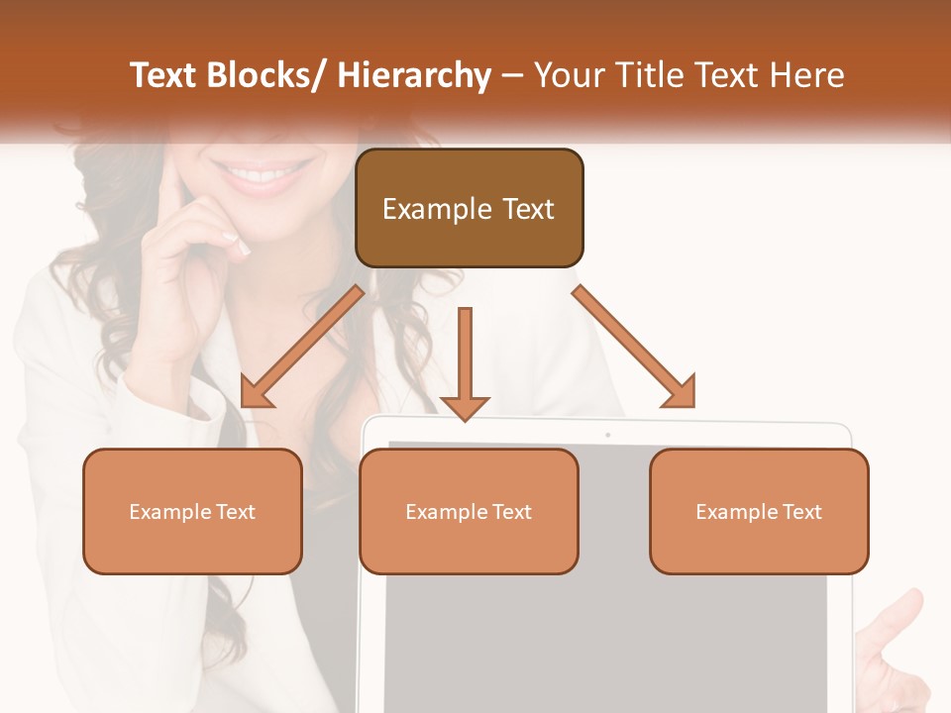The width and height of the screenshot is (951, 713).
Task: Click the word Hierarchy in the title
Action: (414, 75)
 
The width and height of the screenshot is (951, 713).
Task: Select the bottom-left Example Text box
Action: (192, 511)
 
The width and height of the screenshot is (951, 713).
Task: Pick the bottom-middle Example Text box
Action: (469, 511)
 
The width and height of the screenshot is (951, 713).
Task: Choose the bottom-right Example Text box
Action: (759, 511)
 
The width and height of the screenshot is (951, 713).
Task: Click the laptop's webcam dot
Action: (607, 435)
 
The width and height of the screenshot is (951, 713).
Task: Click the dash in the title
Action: (512, 75)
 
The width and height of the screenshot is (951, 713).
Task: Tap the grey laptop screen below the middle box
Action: (604, 634)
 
